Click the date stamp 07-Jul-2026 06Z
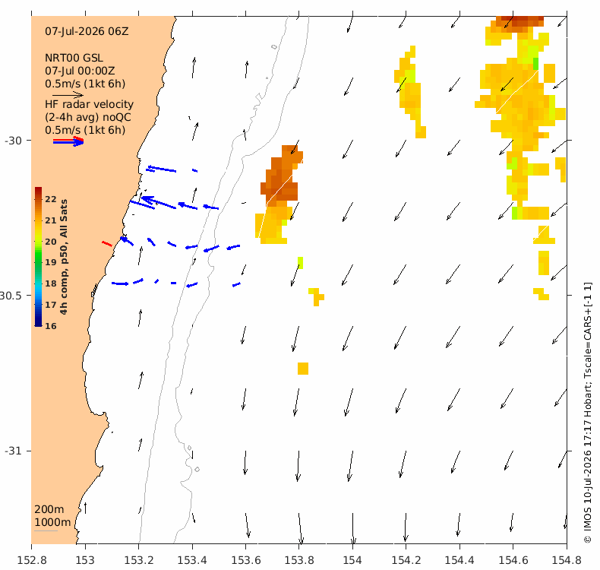(87, 31)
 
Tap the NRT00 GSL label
(74, 59)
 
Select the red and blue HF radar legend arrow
(68, 141)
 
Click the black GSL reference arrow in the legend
(68, 95)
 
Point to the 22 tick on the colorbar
(51, 199)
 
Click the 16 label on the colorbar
(51, 326)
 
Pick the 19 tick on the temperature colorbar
(51, 263)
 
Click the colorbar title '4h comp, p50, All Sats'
(64, 257)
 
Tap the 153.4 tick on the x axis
(192, 561)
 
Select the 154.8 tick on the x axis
(567, 561)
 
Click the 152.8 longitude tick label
(32, 561)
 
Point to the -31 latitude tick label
(14, 451)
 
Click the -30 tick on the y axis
(14, 141)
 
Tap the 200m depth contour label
(49, 509)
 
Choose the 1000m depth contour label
(53, 523)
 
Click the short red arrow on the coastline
(107, 244)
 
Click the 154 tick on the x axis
(352, 561)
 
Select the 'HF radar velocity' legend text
(89, 105)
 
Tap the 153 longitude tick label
(85, 561)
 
